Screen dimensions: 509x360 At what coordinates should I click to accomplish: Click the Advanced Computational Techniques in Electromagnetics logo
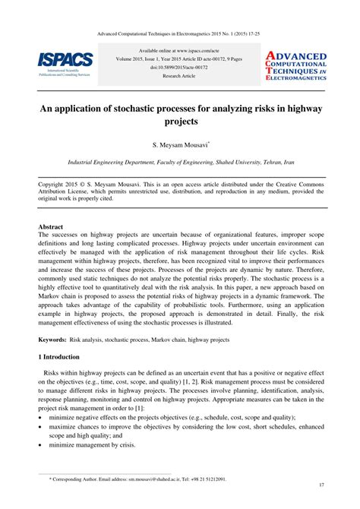(295, 66)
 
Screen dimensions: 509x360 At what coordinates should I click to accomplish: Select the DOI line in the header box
(180, 67)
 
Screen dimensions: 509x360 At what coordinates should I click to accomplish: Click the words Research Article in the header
(180, 76)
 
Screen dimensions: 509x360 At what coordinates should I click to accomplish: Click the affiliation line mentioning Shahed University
(180, 163)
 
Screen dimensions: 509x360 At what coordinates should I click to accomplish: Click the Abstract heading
(51, 226)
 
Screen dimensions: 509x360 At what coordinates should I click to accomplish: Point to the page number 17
(322, 485)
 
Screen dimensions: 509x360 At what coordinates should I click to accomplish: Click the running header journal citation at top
(180, 33)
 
